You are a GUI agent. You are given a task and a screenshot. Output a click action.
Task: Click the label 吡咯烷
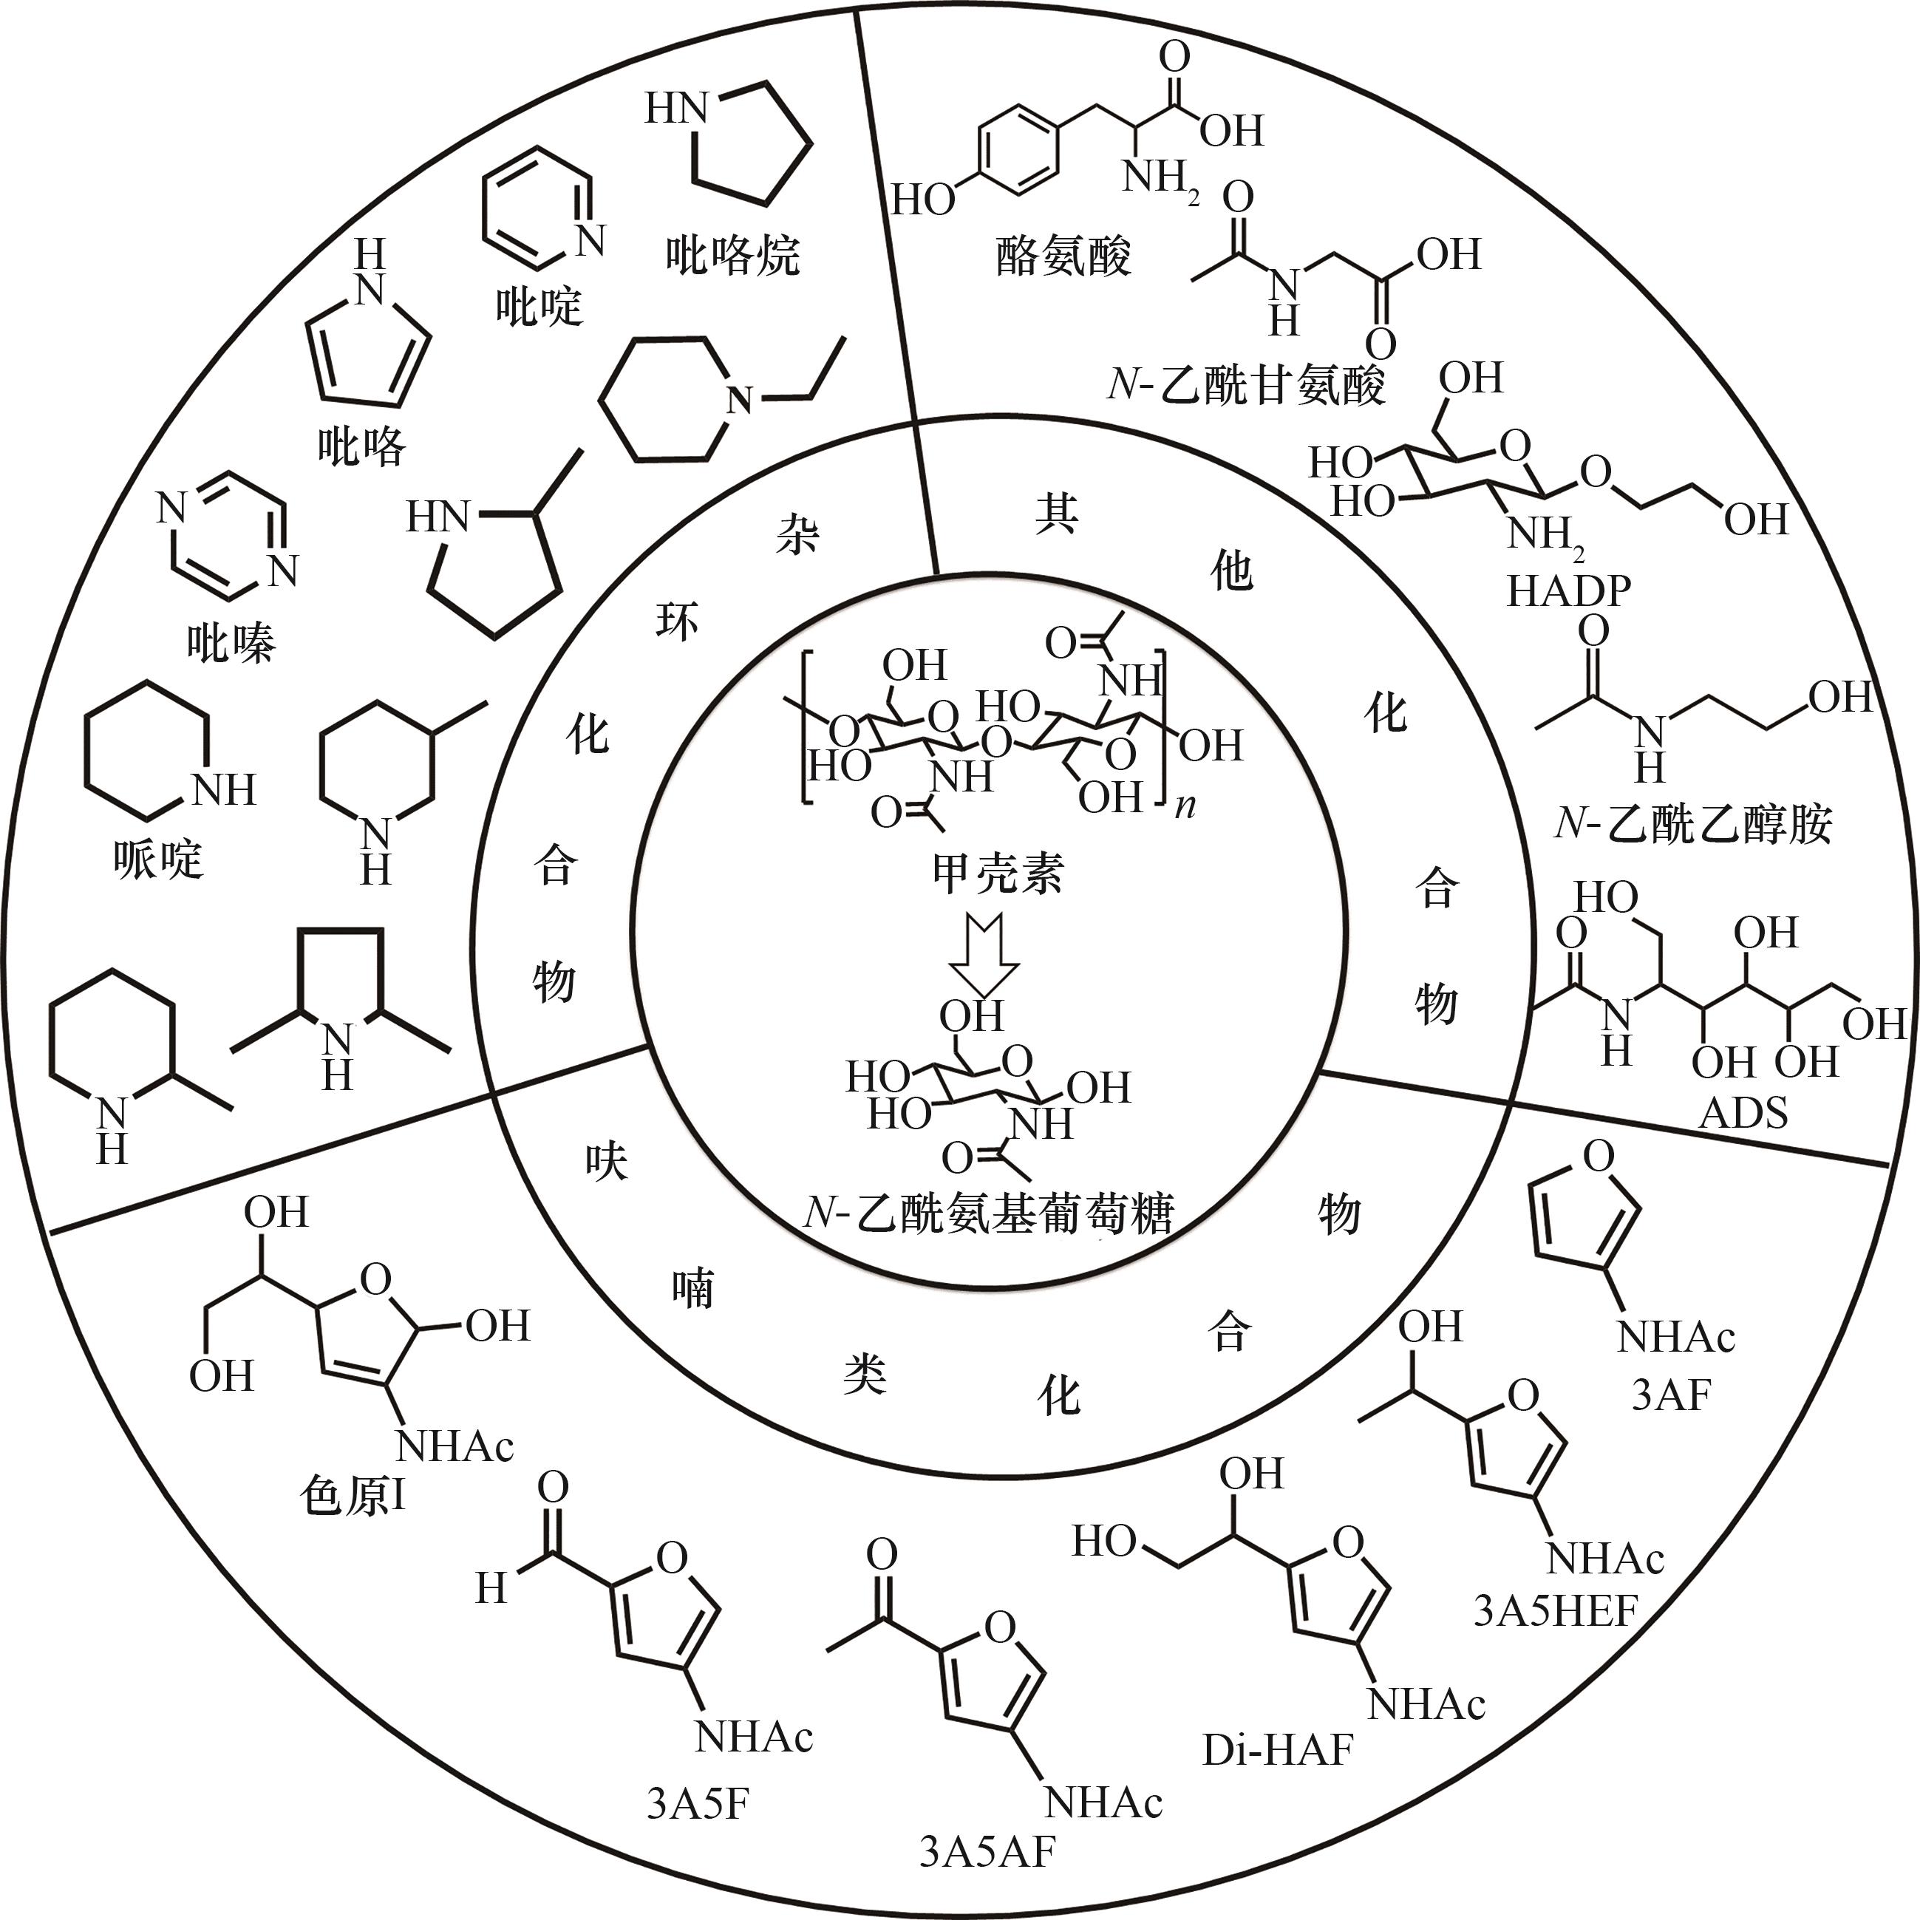click(x=732, y=256)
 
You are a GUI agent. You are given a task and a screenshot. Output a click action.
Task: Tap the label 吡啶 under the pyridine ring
click(x=539, y=305)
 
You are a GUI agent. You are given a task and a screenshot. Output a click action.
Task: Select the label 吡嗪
click(x=231, y=643)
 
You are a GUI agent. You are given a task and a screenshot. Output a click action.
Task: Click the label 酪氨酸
click(x=1063, y=256)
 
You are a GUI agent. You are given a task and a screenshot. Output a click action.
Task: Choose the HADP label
click(x=1569, y=590)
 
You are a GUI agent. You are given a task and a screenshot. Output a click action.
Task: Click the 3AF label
click(x=1672, y=1395)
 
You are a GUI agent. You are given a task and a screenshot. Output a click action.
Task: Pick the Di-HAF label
click(x=1278, y=1750)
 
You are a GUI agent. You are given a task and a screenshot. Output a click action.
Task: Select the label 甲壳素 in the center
click(x=998, y=873)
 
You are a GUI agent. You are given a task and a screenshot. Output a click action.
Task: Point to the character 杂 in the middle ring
click(x=797, y=537)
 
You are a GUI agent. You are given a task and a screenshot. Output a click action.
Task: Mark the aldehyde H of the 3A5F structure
click(x=491, y=1588)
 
